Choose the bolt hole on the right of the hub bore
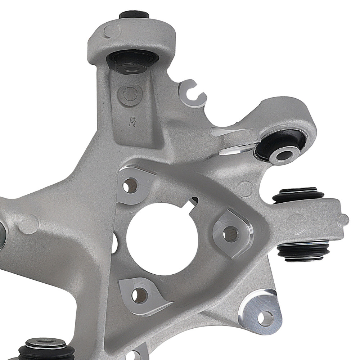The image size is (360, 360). pos(229,234)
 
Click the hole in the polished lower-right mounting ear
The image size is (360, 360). pos(266,317)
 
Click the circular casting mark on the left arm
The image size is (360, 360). pos(30,224)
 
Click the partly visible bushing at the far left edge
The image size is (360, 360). pos(2,236)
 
